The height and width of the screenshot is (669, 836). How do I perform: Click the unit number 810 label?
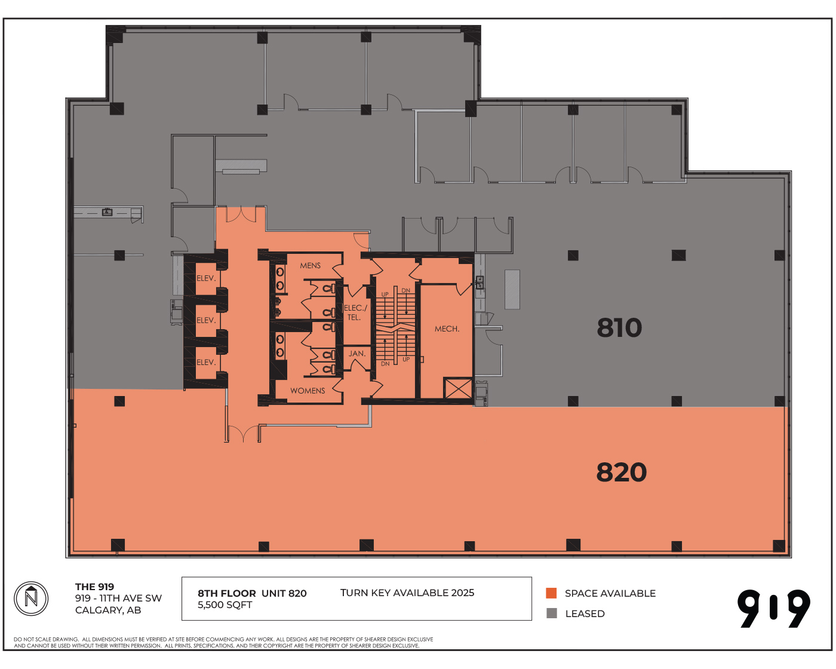[619, 327]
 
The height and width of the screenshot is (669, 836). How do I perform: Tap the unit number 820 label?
[621, 472]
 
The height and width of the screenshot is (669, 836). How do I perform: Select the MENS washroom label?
[310, 265]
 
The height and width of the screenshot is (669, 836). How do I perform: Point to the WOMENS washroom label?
[308, 390]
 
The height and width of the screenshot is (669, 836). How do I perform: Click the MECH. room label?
[447, 329]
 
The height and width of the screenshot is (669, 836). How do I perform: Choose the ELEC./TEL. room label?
[355, 312]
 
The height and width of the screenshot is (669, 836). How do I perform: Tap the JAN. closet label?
[356, 354]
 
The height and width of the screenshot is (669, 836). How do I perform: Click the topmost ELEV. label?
[206, 278]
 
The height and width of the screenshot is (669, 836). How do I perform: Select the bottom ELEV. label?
[206, 362]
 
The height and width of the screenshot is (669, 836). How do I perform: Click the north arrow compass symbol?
[31, 599]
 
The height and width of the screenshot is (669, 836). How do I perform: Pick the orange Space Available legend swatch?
[551, 593]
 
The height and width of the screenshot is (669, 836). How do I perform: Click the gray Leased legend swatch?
[551, 613]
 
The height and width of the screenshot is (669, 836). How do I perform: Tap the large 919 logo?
[773, 608]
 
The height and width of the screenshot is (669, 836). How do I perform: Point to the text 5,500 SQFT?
[225, 605]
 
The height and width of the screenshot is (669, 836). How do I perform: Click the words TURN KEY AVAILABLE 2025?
[407, 593]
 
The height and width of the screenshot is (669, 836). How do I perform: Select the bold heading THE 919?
[94, 587]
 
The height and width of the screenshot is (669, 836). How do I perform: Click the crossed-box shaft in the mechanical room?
[458, 388]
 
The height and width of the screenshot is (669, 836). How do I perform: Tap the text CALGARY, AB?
[108, 610]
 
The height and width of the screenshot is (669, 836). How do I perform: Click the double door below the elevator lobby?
[243, 434]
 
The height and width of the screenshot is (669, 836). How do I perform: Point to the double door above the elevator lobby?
[241, 214]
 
